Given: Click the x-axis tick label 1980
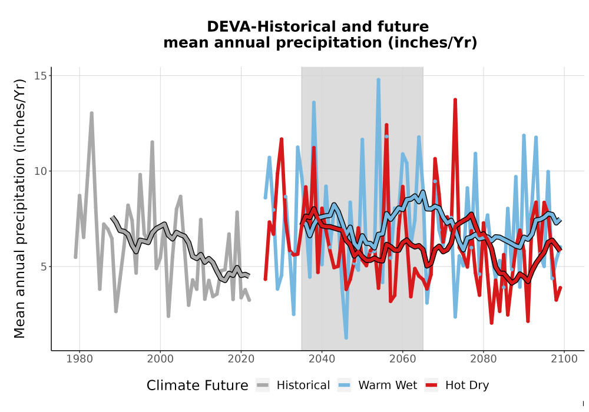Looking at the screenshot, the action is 80,359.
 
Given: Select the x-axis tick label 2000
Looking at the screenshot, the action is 160,359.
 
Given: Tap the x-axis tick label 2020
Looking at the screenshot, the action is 241,359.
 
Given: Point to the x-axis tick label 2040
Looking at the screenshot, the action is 322,359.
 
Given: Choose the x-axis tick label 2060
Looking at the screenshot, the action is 403,359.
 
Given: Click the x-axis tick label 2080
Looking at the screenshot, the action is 484,359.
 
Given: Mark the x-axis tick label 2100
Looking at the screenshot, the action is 564,359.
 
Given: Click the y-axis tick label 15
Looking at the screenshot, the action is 41,76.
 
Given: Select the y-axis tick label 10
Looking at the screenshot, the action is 41,171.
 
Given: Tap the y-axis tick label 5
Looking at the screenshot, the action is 44,267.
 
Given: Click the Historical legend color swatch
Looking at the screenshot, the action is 263,386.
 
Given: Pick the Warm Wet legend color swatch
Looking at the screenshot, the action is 344,386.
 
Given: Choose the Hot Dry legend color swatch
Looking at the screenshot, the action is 432,386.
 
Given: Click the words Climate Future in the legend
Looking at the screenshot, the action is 197,386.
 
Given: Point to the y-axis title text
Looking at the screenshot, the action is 19,208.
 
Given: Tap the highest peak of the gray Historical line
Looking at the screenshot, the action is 91,113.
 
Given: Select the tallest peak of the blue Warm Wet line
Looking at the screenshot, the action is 378,79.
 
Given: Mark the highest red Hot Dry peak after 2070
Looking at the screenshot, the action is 455,99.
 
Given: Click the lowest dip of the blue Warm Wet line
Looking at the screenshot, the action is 346,338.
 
